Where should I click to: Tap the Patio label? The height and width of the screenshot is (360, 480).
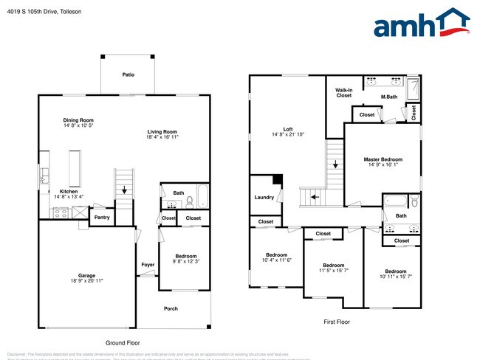(x=128, y=75)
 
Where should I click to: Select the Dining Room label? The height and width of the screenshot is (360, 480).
(x=78, y=120)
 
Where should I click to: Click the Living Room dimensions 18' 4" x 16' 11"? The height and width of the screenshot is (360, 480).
(x=162, y=136)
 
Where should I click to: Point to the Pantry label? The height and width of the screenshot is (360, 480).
(x=101, y=218)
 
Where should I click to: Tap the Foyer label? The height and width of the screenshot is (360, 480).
(x=148, y=264)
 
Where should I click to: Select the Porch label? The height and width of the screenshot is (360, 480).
(x=171, y=308)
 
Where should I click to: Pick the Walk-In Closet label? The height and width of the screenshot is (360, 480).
(x=344, y=92)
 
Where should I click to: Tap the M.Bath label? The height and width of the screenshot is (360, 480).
(x=390, y=96)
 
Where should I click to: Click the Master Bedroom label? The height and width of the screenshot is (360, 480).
(x=383, y=159)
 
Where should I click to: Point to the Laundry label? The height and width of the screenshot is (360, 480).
(x=264, y=197)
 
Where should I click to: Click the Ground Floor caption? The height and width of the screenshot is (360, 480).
(x=123, y=342)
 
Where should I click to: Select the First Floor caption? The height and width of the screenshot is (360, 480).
(x=336, y=322)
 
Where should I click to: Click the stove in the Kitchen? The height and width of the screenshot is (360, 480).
(x=60, y=212)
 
